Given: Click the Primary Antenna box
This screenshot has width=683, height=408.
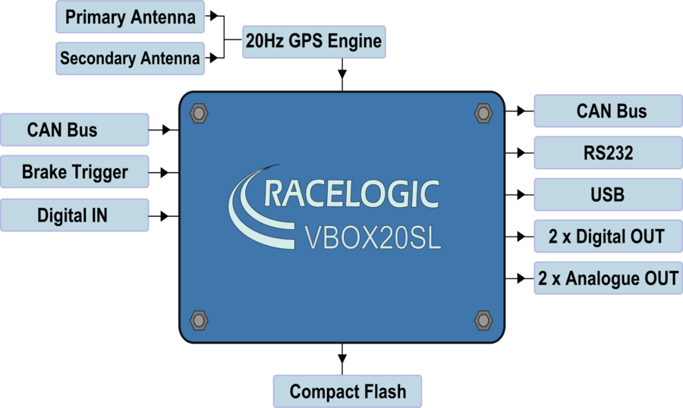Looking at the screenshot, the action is coord(130,17).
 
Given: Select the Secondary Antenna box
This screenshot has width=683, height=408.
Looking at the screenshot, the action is coord(130,58).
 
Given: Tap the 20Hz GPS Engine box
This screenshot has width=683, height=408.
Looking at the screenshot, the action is coord(313,42).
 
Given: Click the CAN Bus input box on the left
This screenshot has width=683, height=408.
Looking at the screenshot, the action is coord(74,130).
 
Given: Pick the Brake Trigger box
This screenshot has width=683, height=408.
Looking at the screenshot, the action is coord(74,171).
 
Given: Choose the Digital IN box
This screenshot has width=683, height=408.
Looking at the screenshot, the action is coord(74,215).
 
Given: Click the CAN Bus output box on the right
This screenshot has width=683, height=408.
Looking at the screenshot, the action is coord(608,111).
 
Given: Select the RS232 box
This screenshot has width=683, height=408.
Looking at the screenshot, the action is coord(608,153).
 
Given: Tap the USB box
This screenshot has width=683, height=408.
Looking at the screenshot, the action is coord(608,195).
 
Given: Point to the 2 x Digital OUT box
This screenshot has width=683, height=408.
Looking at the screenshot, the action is coord(608,237).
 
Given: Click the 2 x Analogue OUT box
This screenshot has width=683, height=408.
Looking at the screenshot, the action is coord(608,278).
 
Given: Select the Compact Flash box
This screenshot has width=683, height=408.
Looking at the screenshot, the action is coord(347,391).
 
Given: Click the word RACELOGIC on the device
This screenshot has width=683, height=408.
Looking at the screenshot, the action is coord(351,194).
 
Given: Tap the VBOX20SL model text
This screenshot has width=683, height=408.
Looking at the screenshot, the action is coord(373,237).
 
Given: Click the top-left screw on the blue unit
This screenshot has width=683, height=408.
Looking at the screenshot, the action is coord(199,113).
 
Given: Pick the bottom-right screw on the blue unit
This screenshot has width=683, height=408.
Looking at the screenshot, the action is coord(483,321).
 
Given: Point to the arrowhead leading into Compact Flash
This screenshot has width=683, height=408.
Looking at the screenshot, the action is coord(342,359).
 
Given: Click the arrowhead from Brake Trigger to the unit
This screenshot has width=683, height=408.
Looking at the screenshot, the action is coord(165,172).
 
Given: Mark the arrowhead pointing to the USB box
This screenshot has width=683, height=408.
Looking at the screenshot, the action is coord(521,195).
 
